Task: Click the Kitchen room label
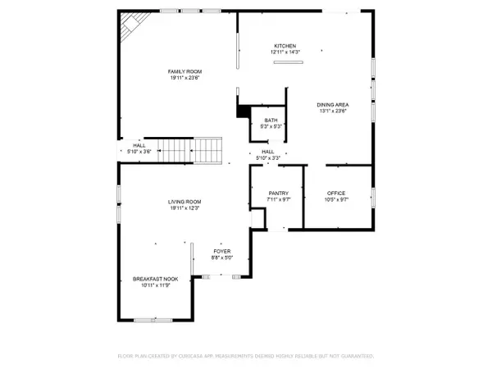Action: pyautogui.click(x=285, y=46)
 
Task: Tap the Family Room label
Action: pyautogui.click(x=184, y=72)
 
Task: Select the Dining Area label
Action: pyautogui.click(x=333, y=104)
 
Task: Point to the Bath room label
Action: pyautogui.click(x=271, y=120)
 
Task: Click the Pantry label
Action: pyautogui.click(x=278, y=193)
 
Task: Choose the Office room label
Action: pyautogui.click(x=337, y=193)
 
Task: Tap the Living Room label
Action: pyautogui.click(x=184, y=202)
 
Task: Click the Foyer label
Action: pyautogui.click(x=223, y=251)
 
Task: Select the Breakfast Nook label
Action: pyautogui.click(x=156, y=279)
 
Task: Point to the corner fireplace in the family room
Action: pyautogui.click(x=130, y=30)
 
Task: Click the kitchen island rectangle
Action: pyautogui.click(x=288, y=62)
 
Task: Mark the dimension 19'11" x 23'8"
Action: pyautogui.click(x=184, y=79)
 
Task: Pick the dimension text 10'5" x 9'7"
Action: pyautogui.click(x=337, y=199)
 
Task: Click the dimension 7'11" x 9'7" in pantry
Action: pyautogui.click(x=278, y=199)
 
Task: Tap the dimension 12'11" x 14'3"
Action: pyautogui.click(x=285, y=52)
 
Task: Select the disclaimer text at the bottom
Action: pyautogui.click(x=245, y=357)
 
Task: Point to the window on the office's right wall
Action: pyautogui.click(x=373, y=197)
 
